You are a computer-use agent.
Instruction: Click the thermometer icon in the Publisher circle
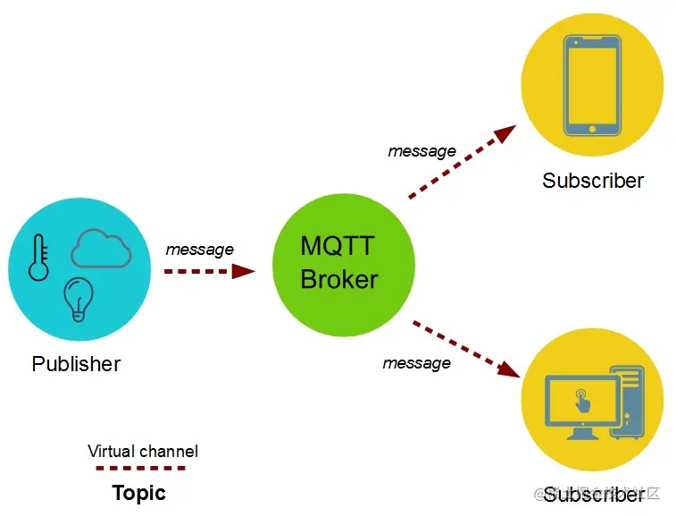pyautogui.click(x=38, y=258)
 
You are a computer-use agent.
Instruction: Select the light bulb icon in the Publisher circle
pyautogui.click(x=79, y=298)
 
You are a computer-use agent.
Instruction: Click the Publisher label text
pyautogui.click(x=76, y=364)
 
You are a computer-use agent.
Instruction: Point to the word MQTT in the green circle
pyautogui.click(x=338, y=246)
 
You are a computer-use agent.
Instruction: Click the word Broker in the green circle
pyautogui.click(x=339, y=279)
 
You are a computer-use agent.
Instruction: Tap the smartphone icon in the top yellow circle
pyautogui.click(x=592, y=86)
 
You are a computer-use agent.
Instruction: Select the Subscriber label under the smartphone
pyautogui.click(x=593, y=181)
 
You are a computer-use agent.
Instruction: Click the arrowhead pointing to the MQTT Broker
pyautogui.click(x=243, y=271)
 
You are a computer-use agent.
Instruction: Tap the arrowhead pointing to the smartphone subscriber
pyautogui.click(x=505, y=135)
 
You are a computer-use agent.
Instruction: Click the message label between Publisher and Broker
pyautogui.click(x=199, y=250)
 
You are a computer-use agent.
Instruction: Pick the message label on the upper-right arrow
pyautogui.click(x=421, y=151)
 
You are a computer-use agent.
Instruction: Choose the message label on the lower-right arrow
pyautogui.click(x=416, y=363)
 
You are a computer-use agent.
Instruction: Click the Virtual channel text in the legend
pyautogui.click(x=143, y=451)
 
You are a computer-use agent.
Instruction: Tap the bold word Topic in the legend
pyautogui.click(x=138, y=493)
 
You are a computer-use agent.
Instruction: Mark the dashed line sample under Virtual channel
pyautogui.click(x=140, y=468)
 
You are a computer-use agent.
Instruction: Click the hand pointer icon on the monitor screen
pyautogui.click(x=582, y=399)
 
